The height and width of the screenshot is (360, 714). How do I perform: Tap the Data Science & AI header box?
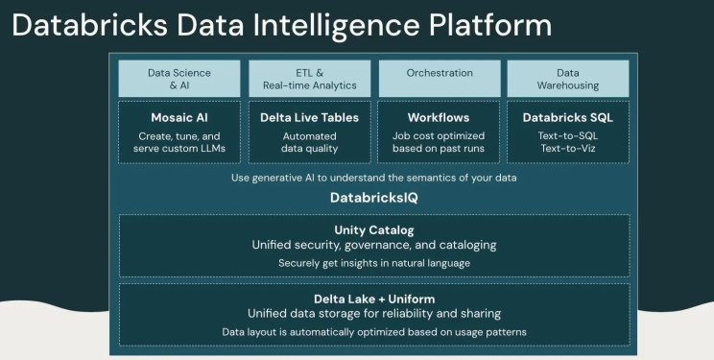click(179, 79)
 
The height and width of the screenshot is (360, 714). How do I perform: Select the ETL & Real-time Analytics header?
click(309, 79)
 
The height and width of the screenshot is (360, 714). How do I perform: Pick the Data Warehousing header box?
click(567, 79)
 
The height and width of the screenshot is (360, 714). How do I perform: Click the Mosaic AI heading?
click(179, 117)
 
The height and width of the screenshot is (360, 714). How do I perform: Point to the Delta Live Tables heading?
click(309, 117)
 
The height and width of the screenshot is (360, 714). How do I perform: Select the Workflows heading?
click(440, 117)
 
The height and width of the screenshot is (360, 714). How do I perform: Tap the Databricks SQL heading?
click(567, 117)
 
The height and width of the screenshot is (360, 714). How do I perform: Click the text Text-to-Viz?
click(567, 150)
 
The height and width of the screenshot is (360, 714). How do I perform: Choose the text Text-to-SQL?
click(567, 136)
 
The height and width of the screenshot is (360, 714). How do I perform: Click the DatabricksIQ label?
click(374, 198)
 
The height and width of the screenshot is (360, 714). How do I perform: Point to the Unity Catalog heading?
click(374, 229)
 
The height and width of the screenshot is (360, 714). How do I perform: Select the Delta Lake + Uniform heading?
click(374, 298)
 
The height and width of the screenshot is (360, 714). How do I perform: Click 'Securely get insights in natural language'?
click(374, 263)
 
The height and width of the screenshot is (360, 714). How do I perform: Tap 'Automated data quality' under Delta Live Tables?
click(309, 143)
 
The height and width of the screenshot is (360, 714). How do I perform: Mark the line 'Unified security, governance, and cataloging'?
click(374, 245)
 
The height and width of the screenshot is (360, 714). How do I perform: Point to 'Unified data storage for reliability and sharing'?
click(374, 313)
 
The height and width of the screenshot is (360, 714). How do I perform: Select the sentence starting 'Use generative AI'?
click(374, 178)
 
